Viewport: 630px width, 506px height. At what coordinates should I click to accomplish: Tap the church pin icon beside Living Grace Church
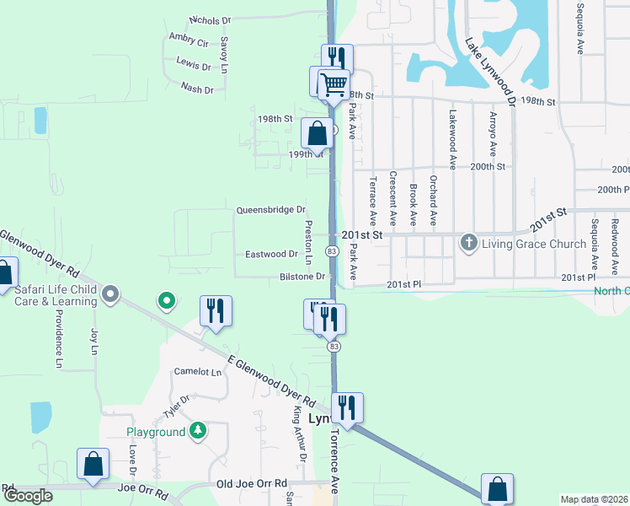(x=469, y=243)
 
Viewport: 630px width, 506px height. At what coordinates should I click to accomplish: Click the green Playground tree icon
(x=197, y=432)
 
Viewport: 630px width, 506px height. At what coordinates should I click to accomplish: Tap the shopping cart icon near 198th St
(x=334, y=84)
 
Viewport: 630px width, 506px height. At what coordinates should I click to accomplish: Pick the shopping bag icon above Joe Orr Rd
(x=93, y=463)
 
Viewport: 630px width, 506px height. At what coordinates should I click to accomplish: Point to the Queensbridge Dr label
(x=270, y=209)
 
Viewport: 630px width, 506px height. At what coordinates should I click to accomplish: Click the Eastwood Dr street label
(x=271, y=253)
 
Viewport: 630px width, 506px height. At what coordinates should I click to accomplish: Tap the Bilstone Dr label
(x=302, y=276)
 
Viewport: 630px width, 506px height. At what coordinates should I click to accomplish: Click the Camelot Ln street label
(x=197, y=371)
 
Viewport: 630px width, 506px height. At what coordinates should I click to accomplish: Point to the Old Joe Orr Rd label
(x=252, y=483)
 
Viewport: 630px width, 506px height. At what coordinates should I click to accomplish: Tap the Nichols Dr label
(x=210, y=19)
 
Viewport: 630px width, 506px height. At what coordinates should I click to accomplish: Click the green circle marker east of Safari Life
(x=167, y=299)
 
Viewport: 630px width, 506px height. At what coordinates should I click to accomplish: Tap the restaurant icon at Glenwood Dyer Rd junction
(x=347, y=407)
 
